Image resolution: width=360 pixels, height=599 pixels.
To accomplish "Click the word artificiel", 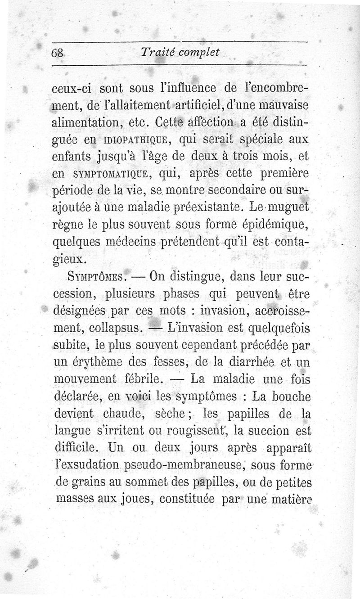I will [x=171, y=105].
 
